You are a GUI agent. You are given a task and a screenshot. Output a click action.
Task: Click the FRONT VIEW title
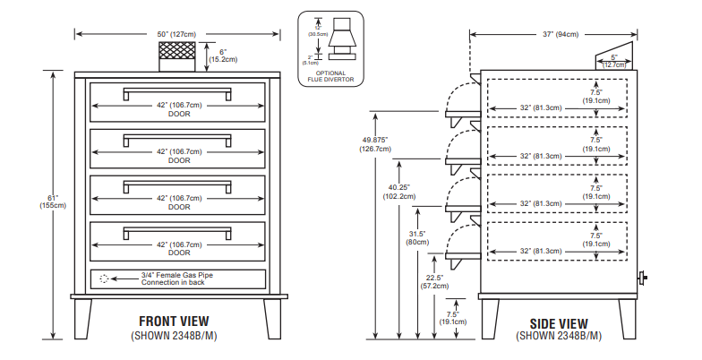pos(174,321)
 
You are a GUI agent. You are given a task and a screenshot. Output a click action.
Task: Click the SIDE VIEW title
pos(558,323)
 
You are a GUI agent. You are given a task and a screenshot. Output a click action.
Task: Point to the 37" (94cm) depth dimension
pos(560,34)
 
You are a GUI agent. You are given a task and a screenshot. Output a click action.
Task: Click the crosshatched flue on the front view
pos(178,56)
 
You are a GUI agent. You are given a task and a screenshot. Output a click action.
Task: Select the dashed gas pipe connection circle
pos(106,279)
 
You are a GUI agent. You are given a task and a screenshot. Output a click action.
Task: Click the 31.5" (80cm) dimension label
pos(416,237)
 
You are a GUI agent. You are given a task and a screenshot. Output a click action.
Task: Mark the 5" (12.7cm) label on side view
pos(613,60)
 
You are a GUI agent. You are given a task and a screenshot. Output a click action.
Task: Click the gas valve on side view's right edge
pos(641,277)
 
